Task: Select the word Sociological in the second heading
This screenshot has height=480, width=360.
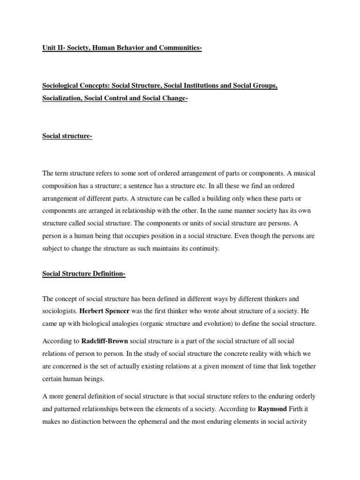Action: click(62, 87)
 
